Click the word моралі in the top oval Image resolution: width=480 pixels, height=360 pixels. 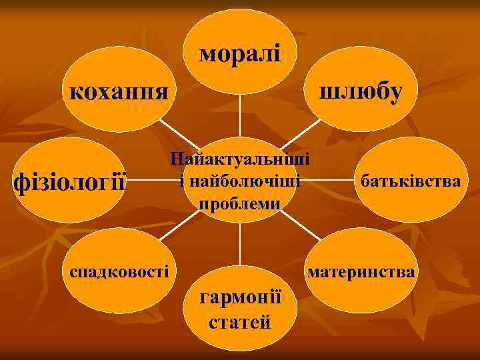(240, 55)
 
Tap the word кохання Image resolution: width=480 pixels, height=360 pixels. (115, 91)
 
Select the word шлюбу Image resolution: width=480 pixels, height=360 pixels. (361, 92)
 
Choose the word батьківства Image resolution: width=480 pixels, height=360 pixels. (409, 181)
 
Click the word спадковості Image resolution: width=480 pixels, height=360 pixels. (115, 271)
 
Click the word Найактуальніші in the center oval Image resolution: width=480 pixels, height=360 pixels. (240, 160)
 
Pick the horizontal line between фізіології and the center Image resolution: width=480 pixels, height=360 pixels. (145, 181)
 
